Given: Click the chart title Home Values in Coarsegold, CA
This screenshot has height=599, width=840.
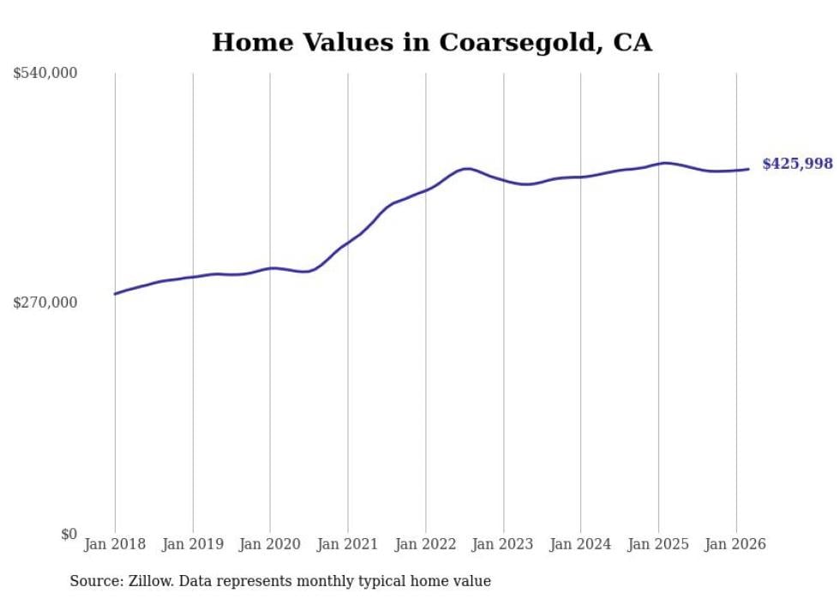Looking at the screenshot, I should [x=432, y=43].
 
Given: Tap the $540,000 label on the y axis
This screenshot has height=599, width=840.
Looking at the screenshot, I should [x=45, y=74].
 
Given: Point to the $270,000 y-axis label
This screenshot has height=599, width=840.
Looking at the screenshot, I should [x=45, y=302].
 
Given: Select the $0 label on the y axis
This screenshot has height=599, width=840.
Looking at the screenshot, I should [x=69, y=534].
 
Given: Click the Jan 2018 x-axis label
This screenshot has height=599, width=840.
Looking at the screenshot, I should [x=115, y=544].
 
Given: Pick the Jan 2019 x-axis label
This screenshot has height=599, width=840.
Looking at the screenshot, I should [x=193, y=544].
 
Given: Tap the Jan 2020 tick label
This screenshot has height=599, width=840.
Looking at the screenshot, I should [x=270, y=544].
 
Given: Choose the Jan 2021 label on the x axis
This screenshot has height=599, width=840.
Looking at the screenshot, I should [x=348, y=544].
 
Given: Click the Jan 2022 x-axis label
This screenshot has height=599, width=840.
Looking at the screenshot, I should [x=425, y=544].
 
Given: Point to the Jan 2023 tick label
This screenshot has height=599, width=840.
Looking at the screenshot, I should [x=503, y=544].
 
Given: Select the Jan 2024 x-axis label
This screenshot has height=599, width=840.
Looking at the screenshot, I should [x=580, y=544].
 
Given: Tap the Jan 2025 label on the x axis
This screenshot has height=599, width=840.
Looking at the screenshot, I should [x=658, y=544].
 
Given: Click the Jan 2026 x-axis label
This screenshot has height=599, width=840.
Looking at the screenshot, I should [x=735, y=544].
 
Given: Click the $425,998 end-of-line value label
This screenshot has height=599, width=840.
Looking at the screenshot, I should [x=797, y=164].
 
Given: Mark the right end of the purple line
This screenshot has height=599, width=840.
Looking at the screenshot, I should [x=749, y=169].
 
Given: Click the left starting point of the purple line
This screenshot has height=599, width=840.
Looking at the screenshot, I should [x=115, y=294].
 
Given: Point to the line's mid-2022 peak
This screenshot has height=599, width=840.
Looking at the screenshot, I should [x=465, y=169].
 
